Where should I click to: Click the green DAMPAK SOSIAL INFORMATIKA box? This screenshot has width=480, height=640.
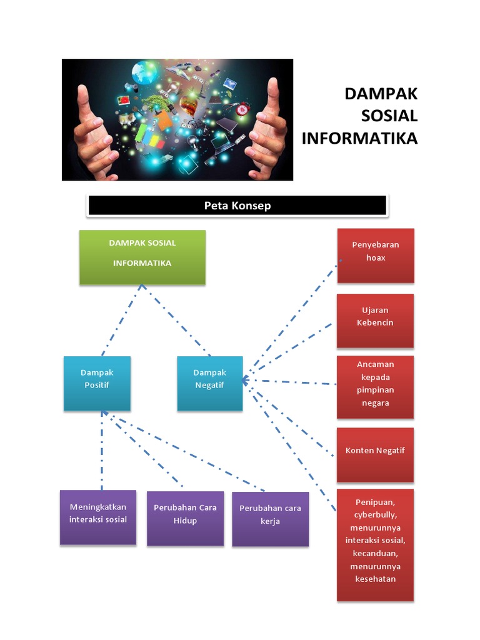[142, 257]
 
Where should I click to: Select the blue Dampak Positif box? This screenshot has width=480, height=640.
[97, 382]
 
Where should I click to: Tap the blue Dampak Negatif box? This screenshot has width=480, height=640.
[209, 382]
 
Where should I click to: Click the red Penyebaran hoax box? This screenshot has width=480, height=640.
[376, 255]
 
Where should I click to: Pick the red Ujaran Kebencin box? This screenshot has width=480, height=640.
[375, 320]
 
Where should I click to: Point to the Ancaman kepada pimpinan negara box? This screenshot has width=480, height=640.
[375, 386]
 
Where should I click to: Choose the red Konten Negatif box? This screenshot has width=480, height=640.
[375, 454]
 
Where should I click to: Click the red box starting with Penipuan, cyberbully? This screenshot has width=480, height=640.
[375, 544]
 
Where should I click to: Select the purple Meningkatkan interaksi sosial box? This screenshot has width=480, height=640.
[98, 517]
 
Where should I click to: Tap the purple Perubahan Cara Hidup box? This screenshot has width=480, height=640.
[185, 517]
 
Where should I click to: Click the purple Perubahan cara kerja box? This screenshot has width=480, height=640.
[270, 519]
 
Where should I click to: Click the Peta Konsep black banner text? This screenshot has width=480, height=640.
[237, 206]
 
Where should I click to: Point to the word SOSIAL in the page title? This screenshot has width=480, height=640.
[389, 116]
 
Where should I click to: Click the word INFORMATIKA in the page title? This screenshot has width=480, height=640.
[359, 138]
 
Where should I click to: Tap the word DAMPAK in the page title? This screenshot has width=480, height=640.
[381, 94]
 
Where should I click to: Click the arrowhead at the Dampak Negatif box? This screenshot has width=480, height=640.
[244, 379]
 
